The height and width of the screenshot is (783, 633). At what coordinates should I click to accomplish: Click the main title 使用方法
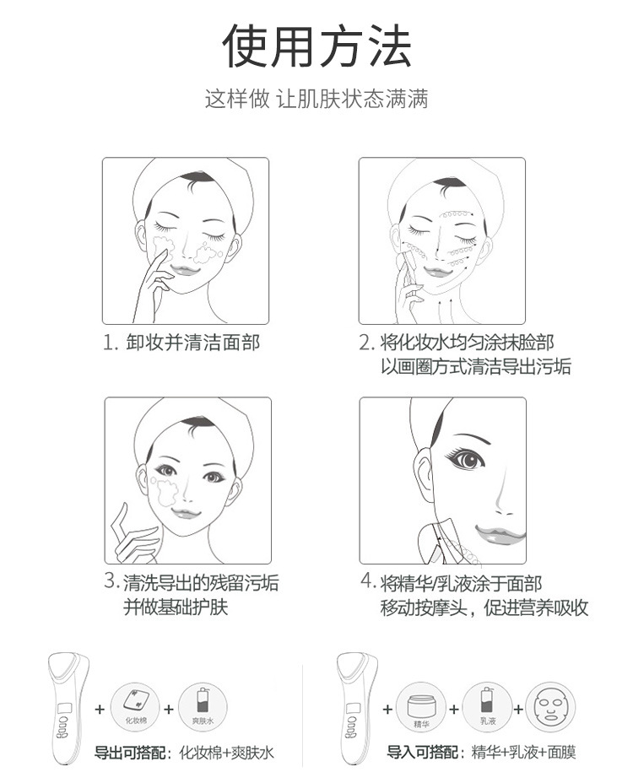pos(316,46)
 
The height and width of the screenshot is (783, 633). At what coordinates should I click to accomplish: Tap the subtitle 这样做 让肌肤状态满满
pos(316,99)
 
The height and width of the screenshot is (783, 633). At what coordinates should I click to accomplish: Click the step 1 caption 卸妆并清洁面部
pos(181,343)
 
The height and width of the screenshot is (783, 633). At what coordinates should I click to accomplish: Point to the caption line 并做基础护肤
pos(176,607)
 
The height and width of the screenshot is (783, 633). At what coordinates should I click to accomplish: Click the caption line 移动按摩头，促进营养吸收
pos(484,607)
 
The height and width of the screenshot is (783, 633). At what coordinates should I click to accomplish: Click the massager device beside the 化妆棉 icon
pos(68,707)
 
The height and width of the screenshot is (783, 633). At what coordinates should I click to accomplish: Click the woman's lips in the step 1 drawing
pos(183,267)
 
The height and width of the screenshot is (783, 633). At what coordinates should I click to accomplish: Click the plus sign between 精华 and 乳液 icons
pos(453,709)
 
